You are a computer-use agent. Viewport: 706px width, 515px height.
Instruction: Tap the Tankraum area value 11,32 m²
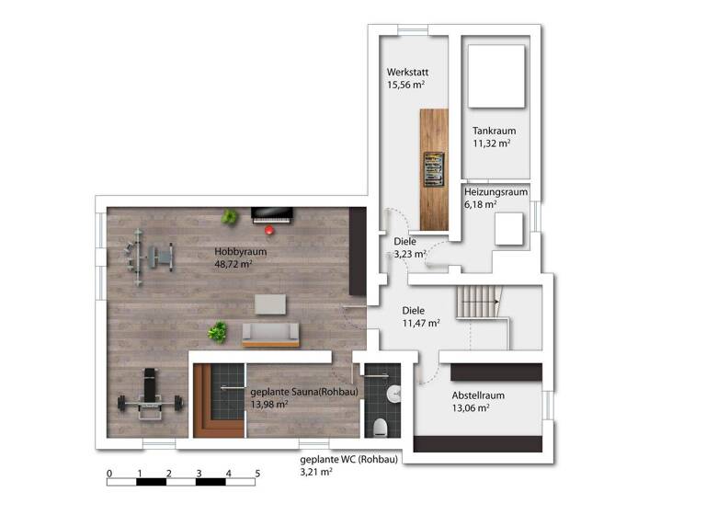point(492,143)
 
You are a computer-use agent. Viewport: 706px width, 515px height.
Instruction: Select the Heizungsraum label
point(495,192)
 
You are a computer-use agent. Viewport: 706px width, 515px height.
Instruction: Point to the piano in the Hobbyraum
point(271,214)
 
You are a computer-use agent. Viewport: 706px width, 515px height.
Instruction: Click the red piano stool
point(269,230)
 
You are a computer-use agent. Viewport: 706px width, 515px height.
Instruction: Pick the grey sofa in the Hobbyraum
point(270,335)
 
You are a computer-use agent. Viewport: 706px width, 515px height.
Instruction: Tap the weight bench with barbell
point(147,395)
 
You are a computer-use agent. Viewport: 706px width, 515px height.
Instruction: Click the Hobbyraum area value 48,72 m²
point(233,264)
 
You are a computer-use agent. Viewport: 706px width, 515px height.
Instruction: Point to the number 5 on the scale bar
point(256,474)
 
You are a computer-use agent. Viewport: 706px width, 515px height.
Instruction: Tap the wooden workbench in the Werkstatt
point(434,169)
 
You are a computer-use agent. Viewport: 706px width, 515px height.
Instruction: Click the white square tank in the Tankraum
point(496,75)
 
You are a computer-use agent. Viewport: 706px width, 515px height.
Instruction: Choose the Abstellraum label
point(477,395)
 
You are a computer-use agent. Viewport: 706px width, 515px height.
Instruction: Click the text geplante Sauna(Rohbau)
point(303,391)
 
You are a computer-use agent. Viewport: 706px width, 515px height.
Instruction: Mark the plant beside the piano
point(230,217)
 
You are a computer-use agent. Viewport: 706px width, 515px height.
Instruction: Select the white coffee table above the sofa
point(270,303)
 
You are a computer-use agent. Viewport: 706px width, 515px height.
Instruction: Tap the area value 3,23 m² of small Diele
point(409,254)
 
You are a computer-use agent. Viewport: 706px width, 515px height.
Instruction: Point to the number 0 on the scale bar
point(109,474)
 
